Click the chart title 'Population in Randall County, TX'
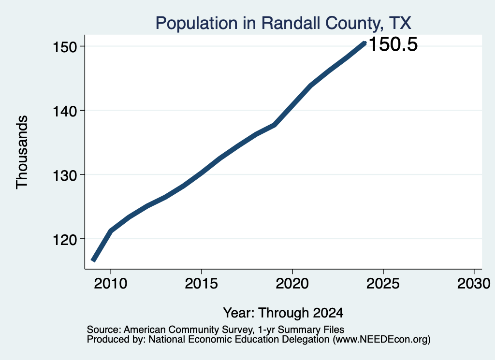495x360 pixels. coord(283,23)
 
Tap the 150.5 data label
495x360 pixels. coord(393,44)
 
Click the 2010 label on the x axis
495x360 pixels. coord(111,283)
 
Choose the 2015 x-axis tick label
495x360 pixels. coord(202,283)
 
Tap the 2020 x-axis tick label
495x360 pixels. coord(292,283)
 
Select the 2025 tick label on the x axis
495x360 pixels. coord(383,283)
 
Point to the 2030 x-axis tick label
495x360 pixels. coord(474,283)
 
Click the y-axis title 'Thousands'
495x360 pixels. coord(22,152)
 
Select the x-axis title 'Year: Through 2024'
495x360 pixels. coord(283,313)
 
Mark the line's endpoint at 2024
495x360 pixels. coord(364,43)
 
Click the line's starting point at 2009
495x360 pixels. coord(93,260)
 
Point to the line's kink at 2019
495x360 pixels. coord(275,125)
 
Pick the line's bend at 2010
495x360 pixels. coord(111,231)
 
